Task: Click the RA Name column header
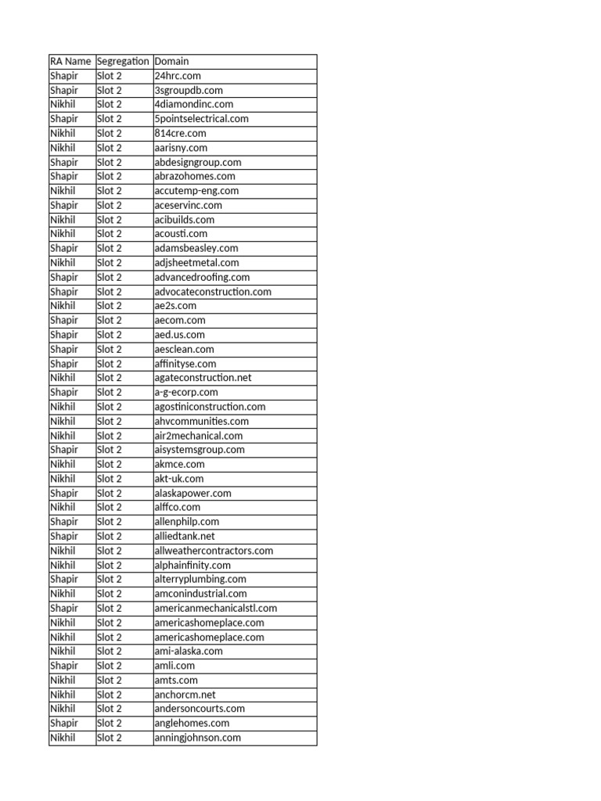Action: (70, 61)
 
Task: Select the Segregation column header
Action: (124, 61)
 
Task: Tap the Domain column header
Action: (172, 61)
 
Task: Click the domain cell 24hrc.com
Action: (178, 76)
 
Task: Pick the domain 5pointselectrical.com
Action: (201, 119)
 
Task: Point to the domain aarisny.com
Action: (181, 148)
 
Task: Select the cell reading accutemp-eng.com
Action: (196, 191)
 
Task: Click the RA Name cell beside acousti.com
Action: (63, 234)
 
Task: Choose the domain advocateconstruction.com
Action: (213, 292)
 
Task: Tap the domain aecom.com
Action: (180, 320)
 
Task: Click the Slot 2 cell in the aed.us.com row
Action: (110, 335)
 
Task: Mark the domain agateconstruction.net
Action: (203, 378)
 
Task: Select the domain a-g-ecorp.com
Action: (186, 392)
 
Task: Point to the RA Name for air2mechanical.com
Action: (63, 436)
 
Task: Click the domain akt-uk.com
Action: (179, 479)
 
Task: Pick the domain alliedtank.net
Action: (185, 537)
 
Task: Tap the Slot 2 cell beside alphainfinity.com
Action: (110, 565)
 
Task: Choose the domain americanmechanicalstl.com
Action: (216, 608)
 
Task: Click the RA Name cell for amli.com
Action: (64, 666)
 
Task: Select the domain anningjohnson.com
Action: (197, 738)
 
